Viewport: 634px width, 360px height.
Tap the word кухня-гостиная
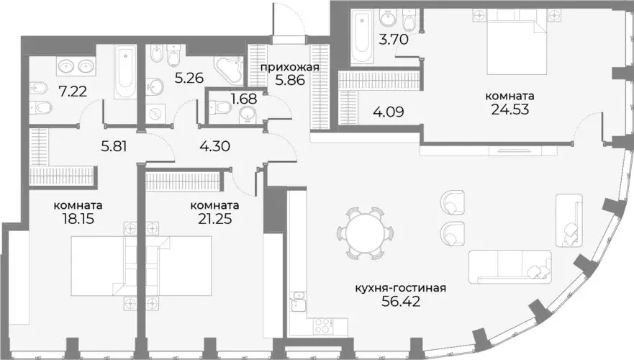(x=401, y=289)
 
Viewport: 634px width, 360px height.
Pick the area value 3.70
(x=394, y=40)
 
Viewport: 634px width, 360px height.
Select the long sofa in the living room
(x=510, y=266)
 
